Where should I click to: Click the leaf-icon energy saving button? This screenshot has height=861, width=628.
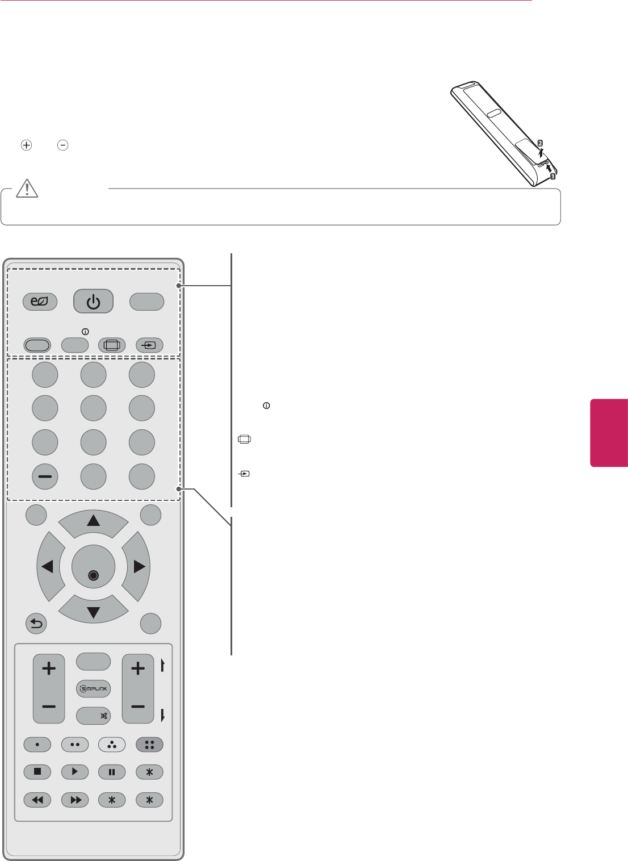point(40,302)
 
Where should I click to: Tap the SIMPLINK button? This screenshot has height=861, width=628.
point(93,689)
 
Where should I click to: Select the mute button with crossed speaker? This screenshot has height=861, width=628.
point(93,716)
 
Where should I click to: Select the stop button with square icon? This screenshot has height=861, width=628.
point(37,772)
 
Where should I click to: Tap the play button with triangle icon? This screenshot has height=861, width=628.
point(75,772)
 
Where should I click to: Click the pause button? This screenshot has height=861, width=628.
point(112,772)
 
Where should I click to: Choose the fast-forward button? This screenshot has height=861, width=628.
point(75,800)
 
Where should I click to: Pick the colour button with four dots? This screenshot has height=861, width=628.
point(149,744)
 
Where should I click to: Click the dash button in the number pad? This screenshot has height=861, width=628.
point(45,477)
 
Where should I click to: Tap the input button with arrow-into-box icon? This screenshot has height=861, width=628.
point(149,345)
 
